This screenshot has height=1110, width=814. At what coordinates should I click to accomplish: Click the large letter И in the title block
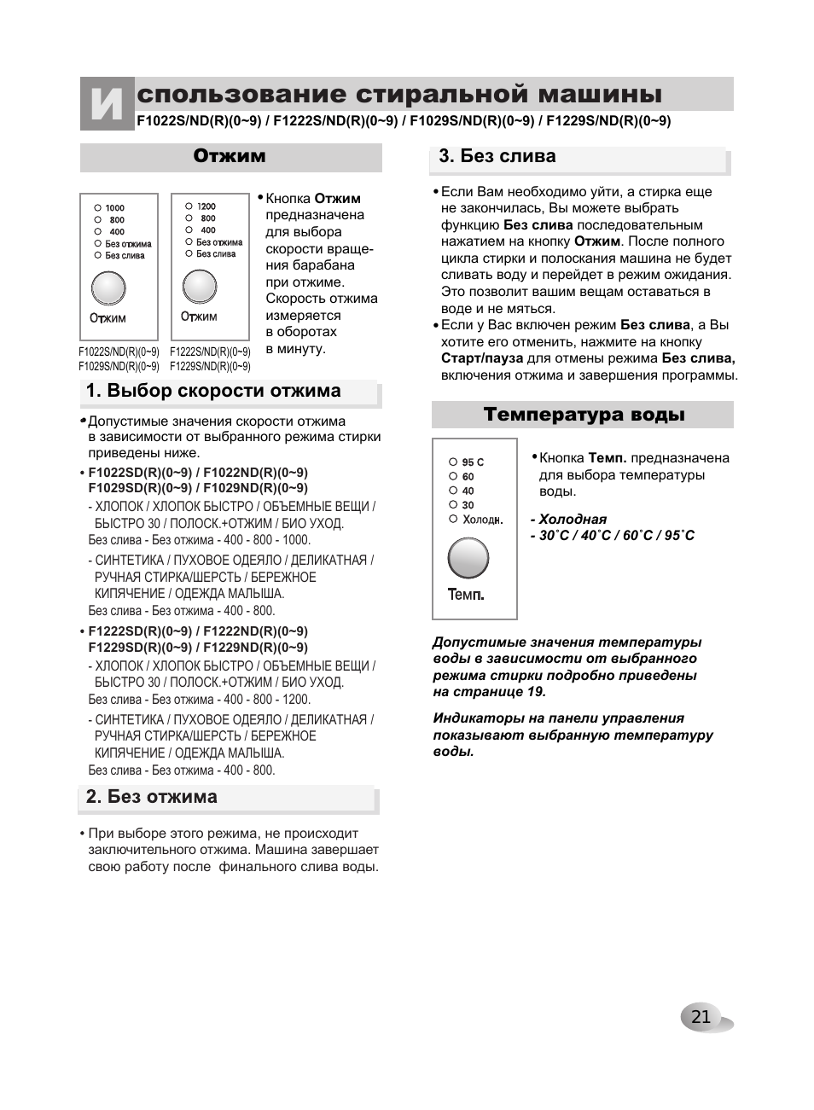click(107, 104)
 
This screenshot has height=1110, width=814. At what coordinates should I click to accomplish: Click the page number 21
click(701, 1016)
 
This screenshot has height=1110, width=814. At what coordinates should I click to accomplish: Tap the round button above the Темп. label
click(468, 559)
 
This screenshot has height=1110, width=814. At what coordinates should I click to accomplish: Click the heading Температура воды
click(584, 415)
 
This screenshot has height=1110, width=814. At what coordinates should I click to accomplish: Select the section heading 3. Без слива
click(497, 156)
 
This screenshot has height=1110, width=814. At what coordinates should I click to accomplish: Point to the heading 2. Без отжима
click(152, 797)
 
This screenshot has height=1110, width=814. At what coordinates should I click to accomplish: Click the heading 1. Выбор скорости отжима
click(213, 391)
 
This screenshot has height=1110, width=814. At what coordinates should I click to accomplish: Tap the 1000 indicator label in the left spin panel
click(115, 207)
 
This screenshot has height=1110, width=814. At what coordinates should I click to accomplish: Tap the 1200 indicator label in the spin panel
click(206, 206)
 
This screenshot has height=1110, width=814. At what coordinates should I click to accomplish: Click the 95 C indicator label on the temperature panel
click(473, 462)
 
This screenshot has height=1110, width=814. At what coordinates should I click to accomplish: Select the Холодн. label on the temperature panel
click(482, 520)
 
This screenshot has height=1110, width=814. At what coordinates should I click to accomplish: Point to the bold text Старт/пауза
click(482, 358)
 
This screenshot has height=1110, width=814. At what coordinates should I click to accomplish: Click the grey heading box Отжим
click(230, 156)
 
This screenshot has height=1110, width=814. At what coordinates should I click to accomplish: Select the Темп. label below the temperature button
click(466, 595)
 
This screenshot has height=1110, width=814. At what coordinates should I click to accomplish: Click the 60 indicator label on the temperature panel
click(468, 477)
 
